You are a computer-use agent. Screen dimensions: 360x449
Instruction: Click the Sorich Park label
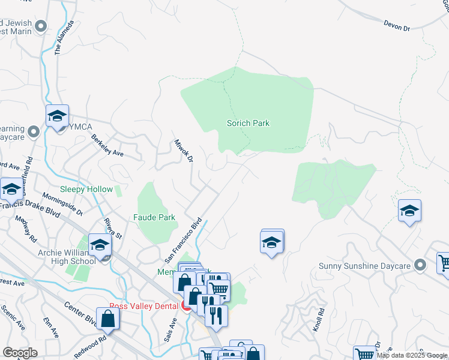(x=248, y=123)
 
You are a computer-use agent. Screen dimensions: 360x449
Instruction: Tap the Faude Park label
(x=154, y=217)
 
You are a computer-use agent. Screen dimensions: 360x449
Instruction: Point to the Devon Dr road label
(x=396, y=25)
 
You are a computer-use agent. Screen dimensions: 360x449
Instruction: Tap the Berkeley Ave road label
(x=107, y=146)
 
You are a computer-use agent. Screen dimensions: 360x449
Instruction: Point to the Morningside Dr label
(x=63, y=204)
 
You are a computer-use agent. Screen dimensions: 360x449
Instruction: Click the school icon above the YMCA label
(x=58, y=116)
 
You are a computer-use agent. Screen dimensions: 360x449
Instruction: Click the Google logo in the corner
(x=19, y=353)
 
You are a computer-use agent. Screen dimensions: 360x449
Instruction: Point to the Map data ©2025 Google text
(x=412, y=355)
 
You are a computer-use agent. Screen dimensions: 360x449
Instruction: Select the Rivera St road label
(x=112, y=227)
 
